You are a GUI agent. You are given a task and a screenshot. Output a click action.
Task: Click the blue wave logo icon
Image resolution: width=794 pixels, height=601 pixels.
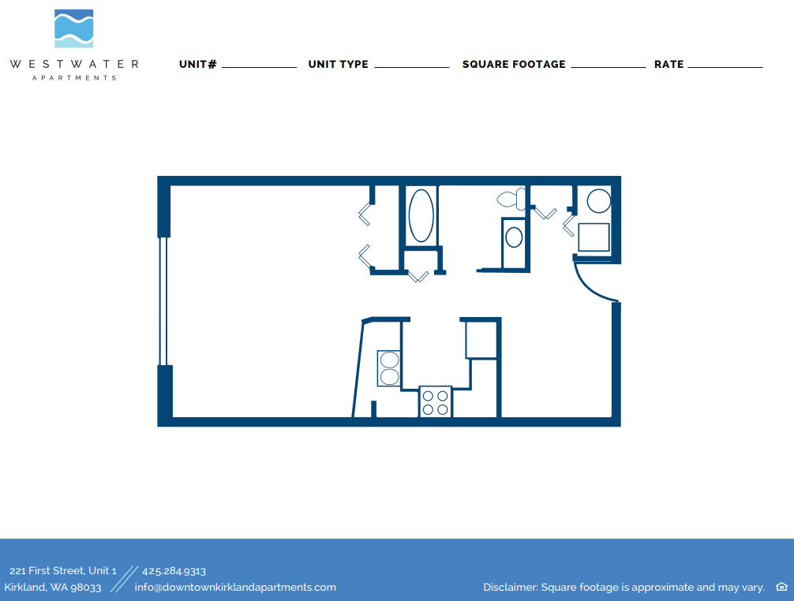click(x=73, y=29)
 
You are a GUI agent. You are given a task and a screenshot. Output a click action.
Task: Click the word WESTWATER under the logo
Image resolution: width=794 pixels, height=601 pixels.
click(x=74, y=64)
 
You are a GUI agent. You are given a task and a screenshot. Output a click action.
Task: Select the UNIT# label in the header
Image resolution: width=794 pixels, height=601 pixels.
click(x=197, y=64)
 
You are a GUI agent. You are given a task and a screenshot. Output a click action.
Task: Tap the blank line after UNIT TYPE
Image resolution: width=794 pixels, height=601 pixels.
click(x=411, y=67)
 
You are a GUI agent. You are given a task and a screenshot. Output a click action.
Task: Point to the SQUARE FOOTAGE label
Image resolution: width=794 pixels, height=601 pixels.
click(x=514, y=64)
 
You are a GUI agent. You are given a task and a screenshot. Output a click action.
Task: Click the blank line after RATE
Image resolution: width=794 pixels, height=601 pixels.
click(x=725, y=67)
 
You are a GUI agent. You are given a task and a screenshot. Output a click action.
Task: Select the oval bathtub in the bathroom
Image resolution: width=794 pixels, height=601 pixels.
click(x=421, y=215)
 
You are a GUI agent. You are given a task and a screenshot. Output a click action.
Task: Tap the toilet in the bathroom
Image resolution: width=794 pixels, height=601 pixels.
click(x=512, y=199)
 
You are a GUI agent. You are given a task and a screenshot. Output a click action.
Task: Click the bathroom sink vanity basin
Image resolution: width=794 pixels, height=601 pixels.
click(x=514, y=237)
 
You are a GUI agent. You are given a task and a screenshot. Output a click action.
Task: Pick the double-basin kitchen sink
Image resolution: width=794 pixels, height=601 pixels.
click(x=389, y=368)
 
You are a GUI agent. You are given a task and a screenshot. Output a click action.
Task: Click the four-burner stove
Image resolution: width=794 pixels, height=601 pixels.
click(x=435, y=401)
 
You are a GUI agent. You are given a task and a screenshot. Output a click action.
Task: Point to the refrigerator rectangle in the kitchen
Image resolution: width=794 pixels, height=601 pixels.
click(x=481, y=339)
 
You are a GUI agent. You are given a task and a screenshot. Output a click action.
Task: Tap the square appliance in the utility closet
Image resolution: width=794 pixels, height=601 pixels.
click(x=594, y=237)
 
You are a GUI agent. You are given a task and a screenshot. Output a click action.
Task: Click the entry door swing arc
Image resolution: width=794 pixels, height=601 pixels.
click(x=593, y=285)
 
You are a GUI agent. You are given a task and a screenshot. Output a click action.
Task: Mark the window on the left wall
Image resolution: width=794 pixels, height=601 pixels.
click(x=163, y=301)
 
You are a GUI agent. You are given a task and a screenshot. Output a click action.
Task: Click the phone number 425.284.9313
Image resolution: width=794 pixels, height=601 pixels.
click(x=174, y=571)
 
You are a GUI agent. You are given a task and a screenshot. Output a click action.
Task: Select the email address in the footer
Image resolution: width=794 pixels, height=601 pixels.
click(x=235, y=587)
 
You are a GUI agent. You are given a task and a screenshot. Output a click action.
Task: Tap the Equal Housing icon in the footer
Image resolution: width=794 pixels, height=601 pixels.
click(x=781, y=587)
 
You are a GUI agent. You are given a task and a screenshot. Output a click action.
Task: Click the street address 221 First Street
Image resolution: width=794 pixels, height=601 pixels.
click(x=63, y=571)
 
